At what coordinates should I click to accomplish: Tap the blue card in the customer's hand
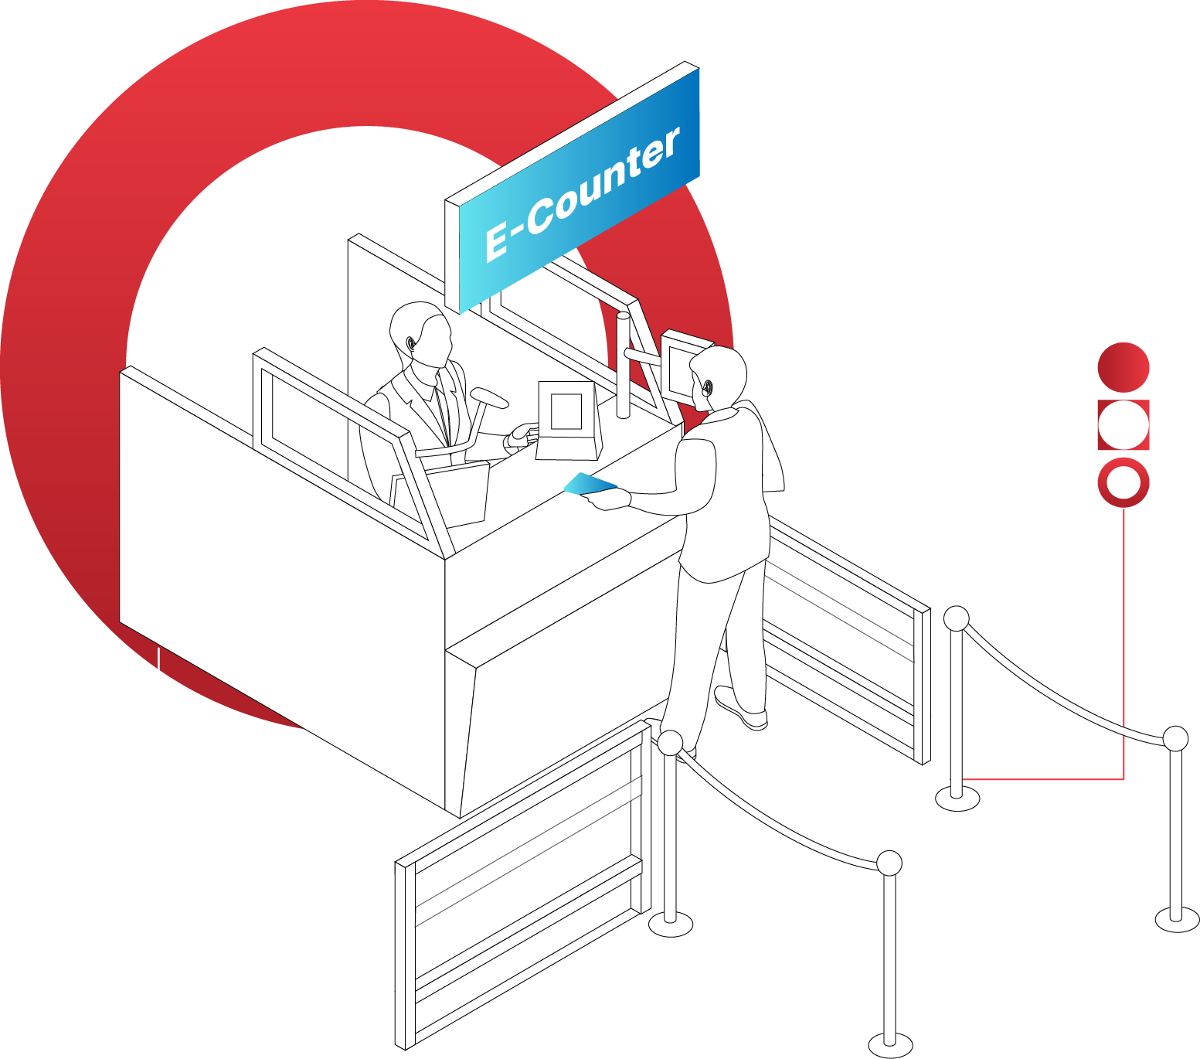589,485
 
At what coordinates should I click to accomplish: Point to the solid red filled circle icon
1124,367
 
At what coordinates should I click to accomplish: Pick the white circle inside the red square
1124,425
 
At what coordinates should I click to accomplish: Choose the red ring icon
1124,483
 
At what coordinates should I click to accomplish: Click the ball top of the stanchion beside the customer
670,743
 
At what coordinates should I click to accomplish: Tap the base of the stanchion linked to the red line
957,798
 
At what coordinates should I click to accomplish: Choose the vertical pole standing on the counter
623,363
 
